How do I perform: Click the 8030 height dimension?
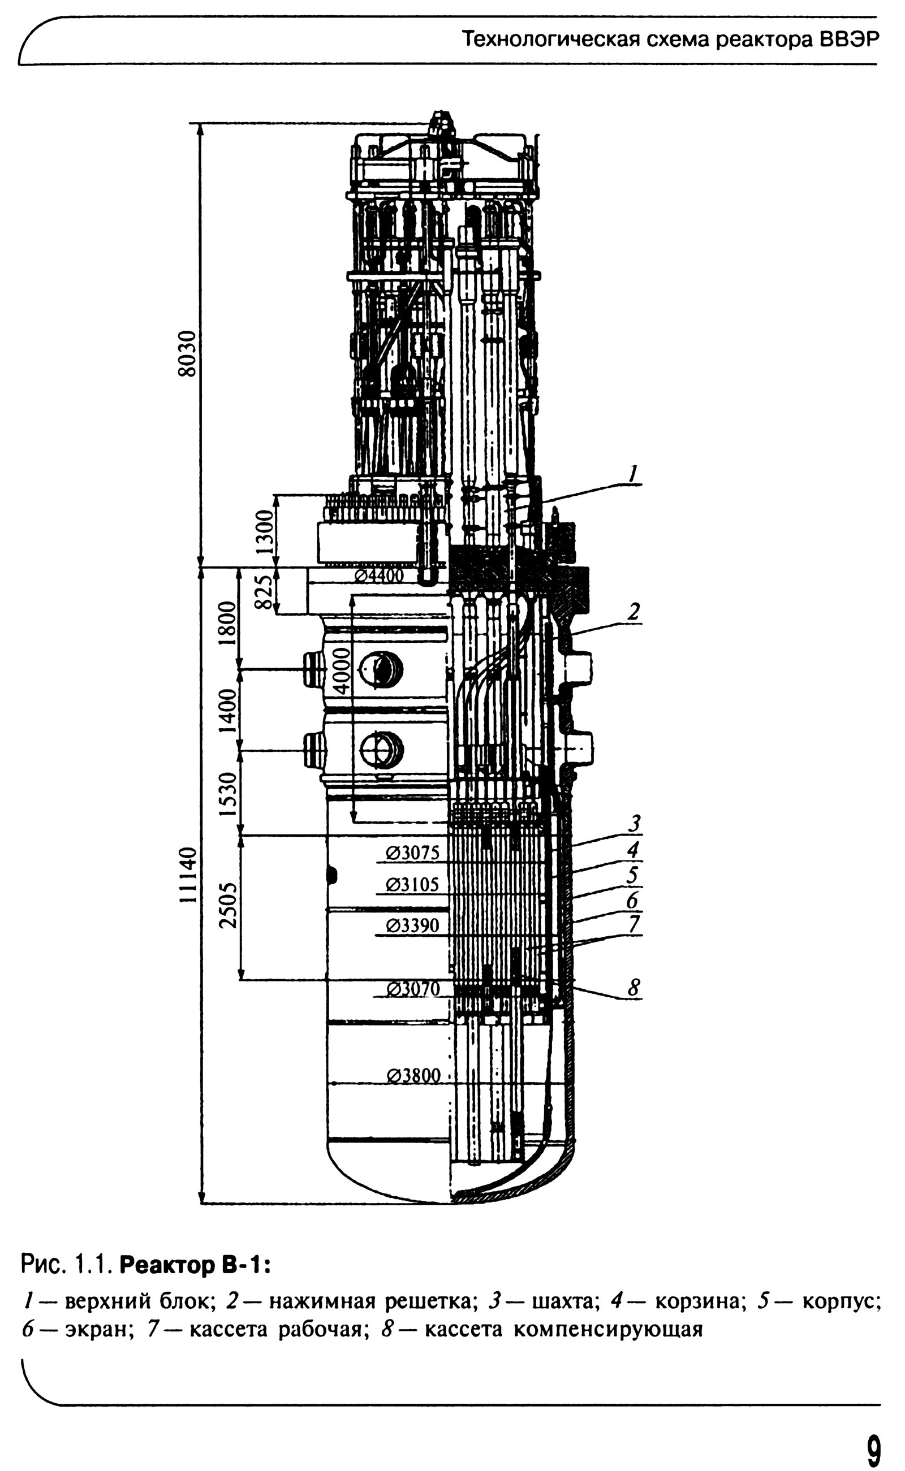(x=187, y=353)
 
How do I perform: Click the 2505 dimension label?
(x=228, y=905)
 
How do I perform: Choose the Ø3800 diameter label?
(x=413, y=1076)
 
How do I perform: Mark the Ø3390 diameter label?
(x=413, y=926)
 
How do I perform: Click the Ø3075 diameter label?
(x=413, y=853)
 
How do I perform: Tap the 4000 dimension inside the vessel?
(x=341, y=670)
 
